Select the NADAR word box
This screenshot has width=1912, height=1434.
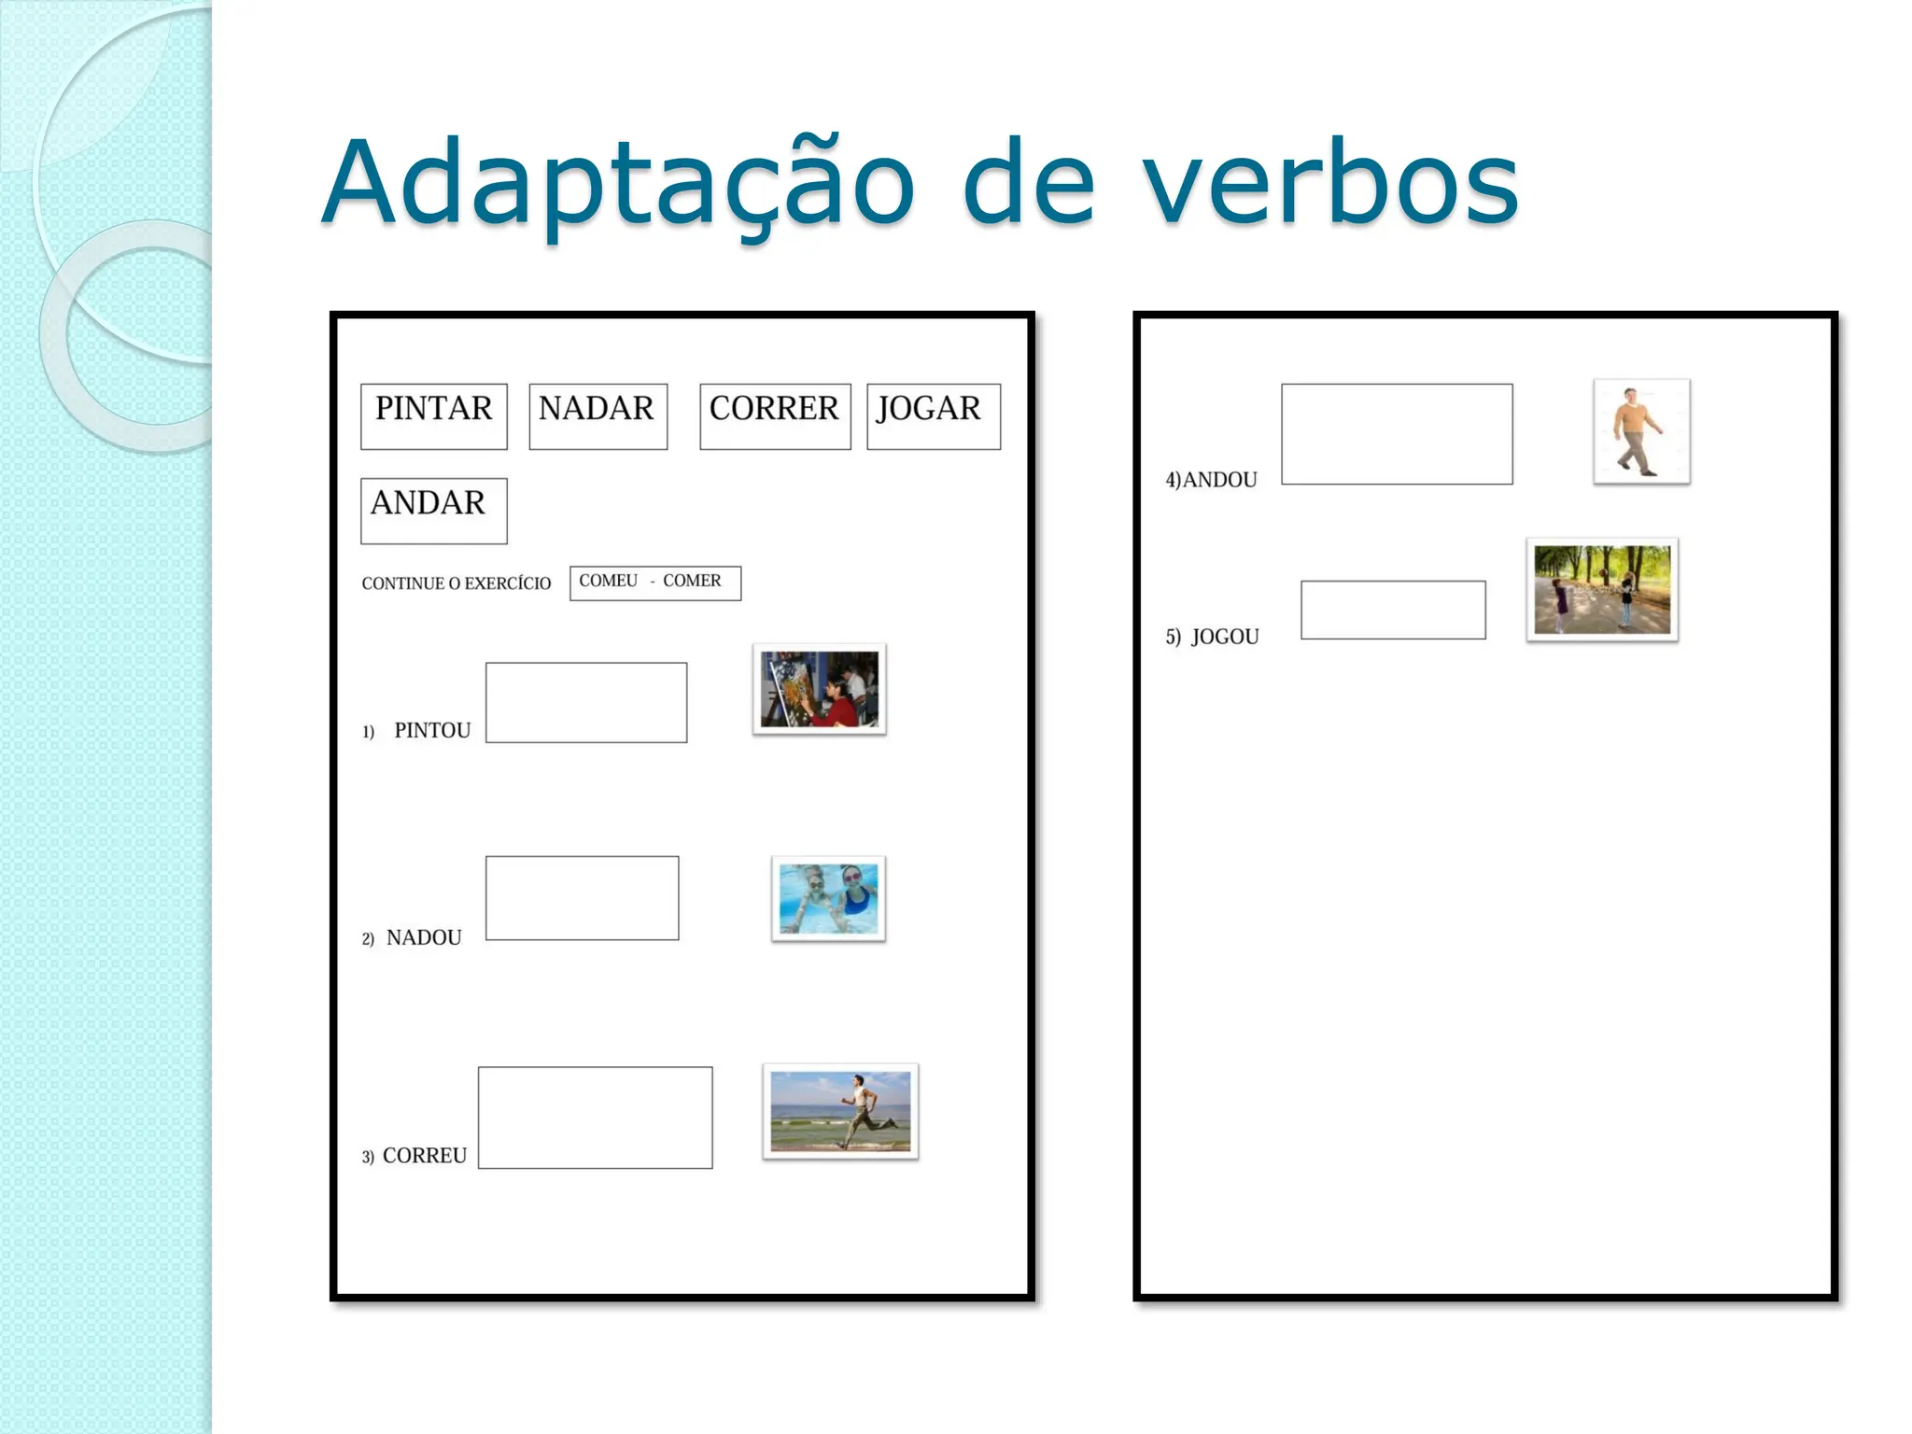click(x=597, y=415)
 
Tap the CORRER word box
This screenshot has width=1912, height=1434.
click(x=775, y=415)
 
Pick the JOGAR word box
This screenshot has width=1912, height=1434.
click(x=933, y=415)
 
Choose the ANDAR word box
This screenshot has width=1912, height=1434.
click(x=433, y=510)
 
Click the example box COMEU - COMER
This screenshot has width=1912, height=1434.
click(x=654, y=583)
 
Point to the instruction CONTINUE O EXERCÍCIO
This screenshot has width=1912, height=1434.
click(x=456, y=583)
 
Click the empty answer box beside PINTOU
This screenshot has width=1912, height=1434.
click(x=585, y=702)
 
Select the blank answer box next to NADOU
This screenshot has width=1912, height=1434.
click(x=582, y=897)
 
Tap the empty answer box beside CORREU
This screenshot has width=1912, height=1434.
click(x=595, y=1117)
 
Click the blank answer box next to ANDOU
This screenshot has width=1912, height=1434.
click(x=1396, y=433)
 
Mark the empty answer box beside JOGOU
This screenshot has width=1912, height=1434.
click(x=1392, y=610)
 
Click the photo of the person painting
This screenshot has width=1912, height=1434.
click(x=819, y=689)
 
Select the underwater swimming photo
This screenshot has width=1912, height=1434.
click(x=828, y=898)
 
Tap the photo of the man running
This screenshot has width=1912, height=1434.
click(x=840, y=1111)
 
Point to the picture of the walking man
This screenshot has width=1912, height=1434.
click(x=1641, y=431)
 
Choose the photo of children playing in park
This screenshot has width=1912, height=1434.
click(x=1601, y=589)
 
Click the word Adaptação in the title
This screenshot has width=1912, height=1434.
click(x=617, y=183)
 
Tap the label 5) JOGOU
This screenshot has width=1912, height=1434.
click(x=1212, y=637)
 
